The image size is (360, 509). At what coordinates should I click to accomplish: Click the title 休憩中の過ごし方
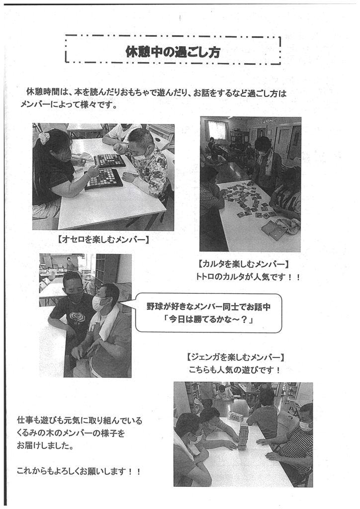(173, 52)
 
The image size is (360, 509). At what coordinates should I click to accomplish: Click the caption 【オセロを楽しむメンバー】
(103, 240)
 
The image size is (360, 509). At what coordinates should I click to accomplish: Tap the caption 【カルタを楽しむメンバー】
(243, 264)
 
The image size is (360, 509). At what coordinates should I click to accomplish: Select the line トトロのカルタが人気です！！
(248, 277)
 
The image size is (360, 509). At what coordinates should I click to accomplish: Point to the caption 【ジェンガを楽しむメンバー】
(235, 357)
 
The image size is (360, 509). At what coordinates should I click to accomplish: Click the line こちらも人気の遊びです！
(235, 370)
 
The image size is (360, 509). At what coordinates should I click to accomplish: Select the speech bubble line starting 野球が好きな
(208, 307)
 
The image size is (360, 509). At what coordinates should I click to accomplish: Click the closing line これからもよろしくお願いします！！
(79, 471)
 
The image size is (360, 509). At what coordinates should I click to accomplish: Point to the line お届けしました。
(45, 446)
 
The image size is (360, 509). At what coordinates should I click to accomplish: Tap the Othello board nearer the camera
(104, 178)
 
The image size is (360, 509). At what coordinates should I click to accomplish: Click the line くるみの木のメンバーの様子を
(71, 433)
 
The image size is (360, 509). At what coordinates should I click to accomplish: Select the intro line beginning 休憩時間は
(157, 93)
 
